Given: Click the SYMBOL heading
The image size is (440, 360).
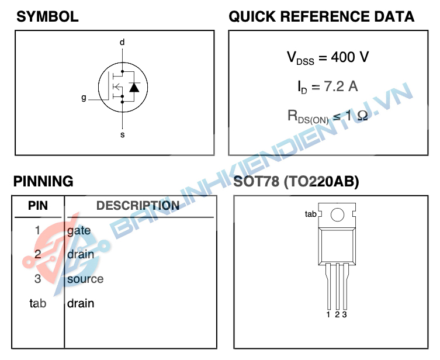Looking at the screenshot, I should point(47,16).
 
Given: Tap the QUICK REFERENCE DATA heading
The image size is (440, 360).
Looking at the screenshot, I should point(321,16).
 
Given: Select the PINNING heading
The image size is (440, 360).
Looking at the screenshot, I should point(43,181).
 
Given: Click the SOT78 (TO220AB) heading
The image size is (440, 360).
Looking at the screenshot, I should point(296,182).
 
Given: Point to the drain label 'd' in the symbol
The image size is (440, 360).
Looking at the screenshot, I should point(122,43).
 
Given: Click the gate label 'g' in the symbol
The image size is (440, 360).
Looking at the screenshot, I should point(84,98).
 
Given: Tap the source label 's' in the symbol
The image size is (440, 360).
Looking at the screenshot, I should point(122,135).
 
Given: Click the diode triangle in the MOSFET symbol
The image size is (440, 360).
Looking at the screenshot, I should point(134,88).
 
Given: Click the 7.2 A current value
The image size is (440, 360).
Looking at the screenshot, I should point(341,86).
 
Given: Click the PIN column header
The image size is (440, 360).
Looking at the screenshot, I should point(38,206).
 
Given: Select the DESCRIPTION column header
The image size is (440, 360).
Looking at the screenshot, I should point(138,206).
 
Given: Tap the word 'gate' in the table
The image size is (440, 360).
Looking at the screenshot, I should point(79,230).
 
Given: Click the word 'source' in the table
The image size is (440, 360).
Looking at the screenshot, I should point(85,279).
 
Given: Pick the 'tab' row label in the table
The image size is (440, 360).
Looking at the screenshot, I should point(37,303).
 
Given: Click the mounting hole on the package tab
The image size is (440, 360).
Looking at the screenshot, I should point(338,215).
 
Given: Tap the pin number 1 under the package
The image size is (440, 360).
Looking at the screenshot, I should point(329,315).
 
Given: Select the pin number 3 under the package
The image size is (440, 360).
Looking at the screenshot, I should point(345,315).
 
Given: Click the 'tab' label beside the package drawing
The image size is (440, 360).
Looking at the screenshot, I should point(310,214).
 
